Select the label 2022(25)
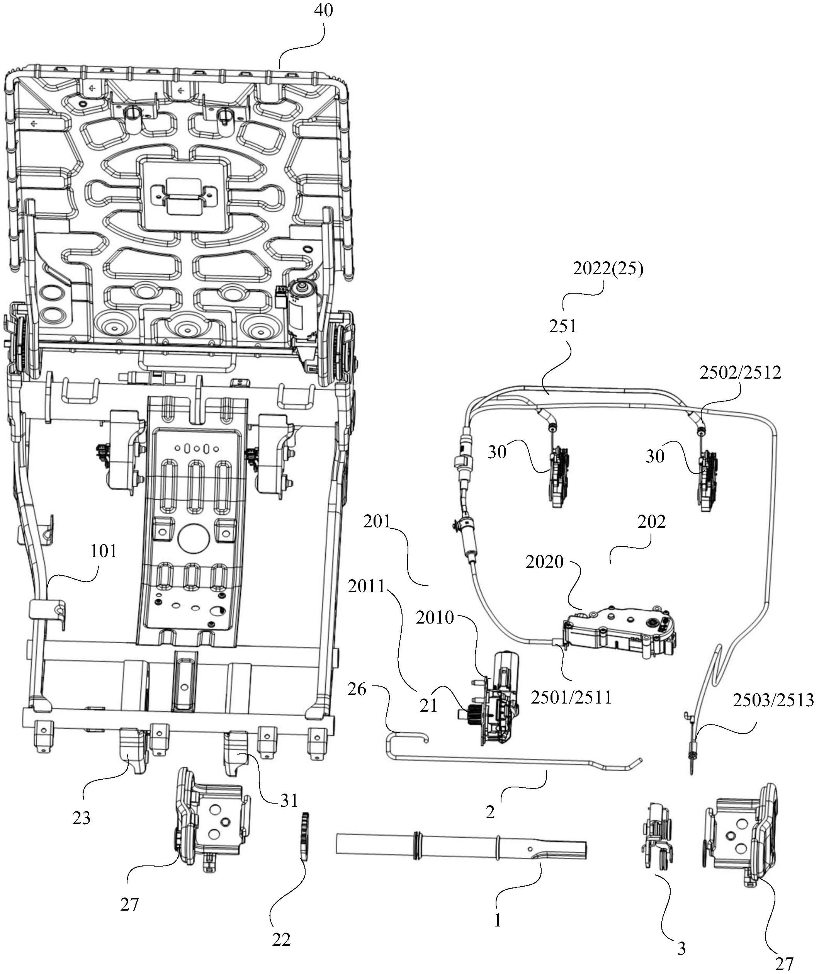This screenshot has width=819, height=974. pyautogui.click(x=608, y=269)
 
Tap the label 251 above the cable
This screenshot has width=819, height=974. pyautogui.click(x=563, y=326)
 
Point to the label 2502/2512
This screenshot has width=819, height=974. pyautogui.click(x=741, y=372)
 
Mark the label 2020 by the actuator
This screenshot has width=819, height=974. pyautogui.click(x=545, y=562)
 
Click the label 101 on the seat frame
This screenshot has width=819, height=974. pyautogui.click(x=104, y=551)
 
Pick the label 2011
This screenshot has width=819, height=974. pyautogui.click(x=367, y=587)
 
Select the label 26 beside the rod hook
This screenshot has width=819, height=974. pyautogui.click(x=357, y=689)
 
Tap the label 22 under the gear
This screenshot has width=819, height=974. pyautogui.click(x=281, y=940)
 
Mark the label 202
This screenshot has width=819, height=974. pyautogui.click(x=651, y=522)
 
